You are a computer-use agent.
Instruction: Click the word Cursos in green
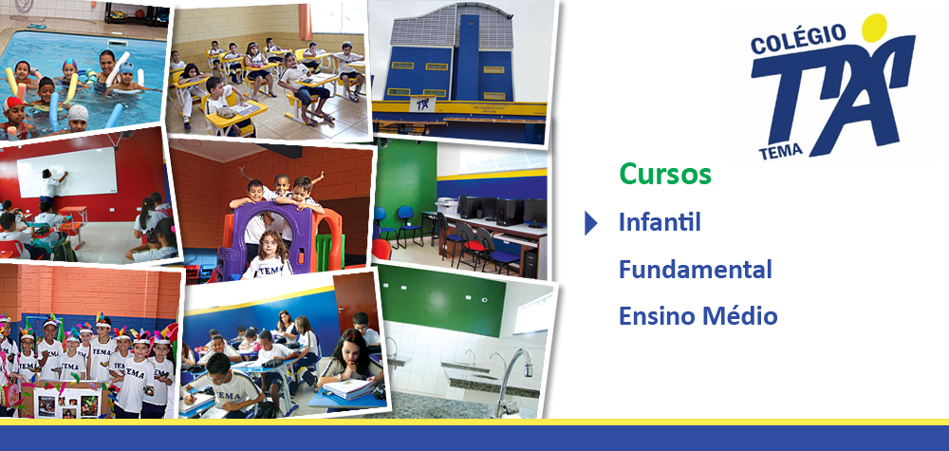[664, 175]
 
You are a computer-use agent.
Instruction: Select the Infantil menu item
[660, 222]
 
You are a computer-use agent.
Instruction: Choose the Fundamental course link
[695, 269]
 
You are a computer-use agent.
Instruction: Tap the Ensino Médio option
[698, 315]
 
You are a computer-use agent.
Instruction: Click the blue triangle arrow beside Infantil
[590, 223]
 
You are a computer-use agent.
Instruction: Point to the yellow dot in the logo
[874, 28]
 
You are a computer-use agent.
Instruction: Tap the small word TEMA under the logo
[780, 151]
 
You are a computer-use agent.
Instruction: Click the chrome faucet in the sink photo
[512, 378]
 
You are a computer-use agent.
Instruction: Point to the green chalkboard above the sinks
[441, 300]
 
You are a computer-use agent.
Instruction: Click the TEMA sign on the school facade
[422, 103]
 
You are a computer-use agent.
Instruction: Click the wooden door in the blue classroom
[355, 300]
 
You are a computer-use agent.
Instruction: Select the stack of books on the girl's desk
[350, 388]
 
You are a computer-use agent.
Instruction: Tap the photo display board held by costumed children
[67, 400]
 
